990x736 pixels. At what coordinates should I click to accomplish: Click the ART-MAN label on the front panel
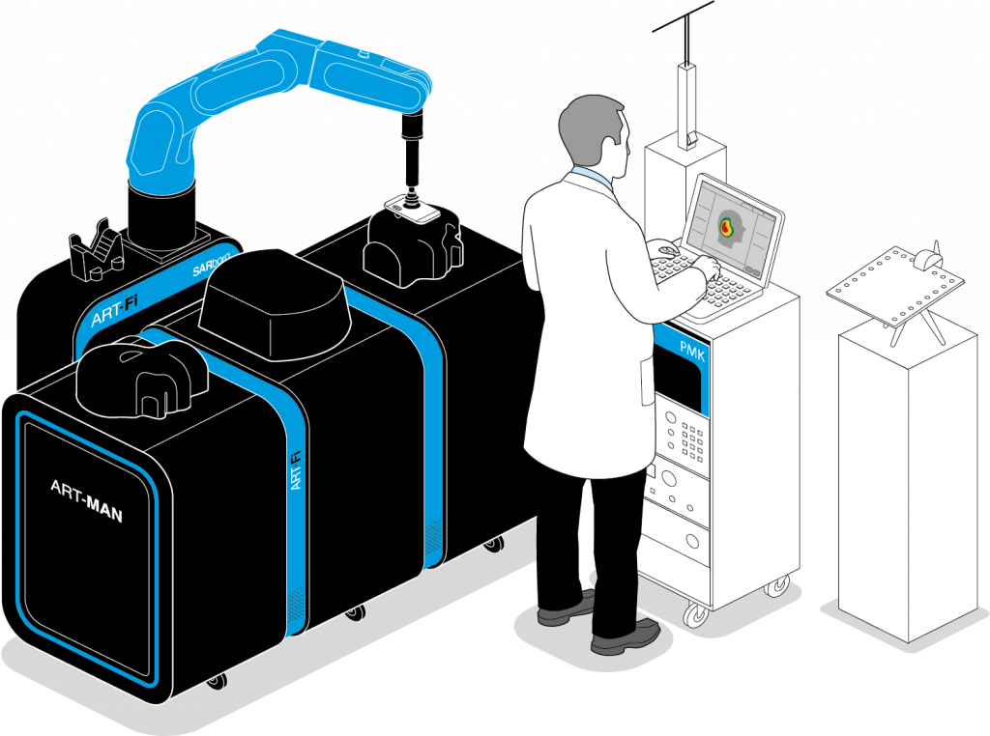(86, 501)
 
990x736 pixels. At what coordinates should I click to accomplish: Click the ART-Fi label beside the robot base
(113, 312)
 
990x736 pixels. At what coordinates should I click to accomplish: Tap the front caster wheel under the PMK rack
(695, 614)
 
